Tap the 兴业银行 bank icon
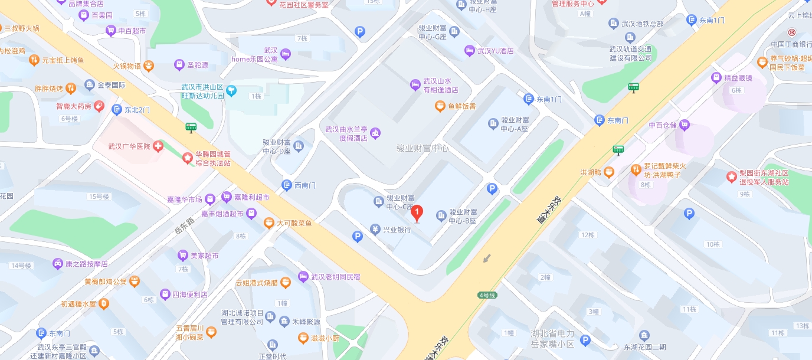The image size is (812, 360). (375, 229)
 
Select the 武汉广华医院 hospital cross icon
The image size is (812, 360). (158, 146)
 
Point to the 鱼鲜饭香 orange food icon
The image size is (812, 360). (440, 106)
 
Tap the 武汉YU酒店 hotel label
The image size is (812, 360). (495, 51)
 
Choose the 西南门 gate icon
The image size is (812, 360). (287, 185)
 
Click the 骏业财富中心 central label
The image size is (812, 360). (423, 148)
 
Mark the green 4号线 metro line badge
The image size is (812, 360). (487, 294)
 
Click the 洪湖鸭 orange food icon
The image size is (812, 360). (609, 172)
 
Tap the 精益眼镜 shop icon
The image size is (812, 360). (717, 78)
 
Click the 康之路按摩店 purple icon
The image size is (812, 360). (58, 264)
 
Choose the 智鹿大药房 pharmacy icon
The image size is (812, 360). (99, 106)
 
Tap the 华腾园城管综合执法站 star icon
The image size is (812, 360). (187, 158)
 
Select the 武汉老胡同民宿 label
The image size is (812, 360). (335, 277)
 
